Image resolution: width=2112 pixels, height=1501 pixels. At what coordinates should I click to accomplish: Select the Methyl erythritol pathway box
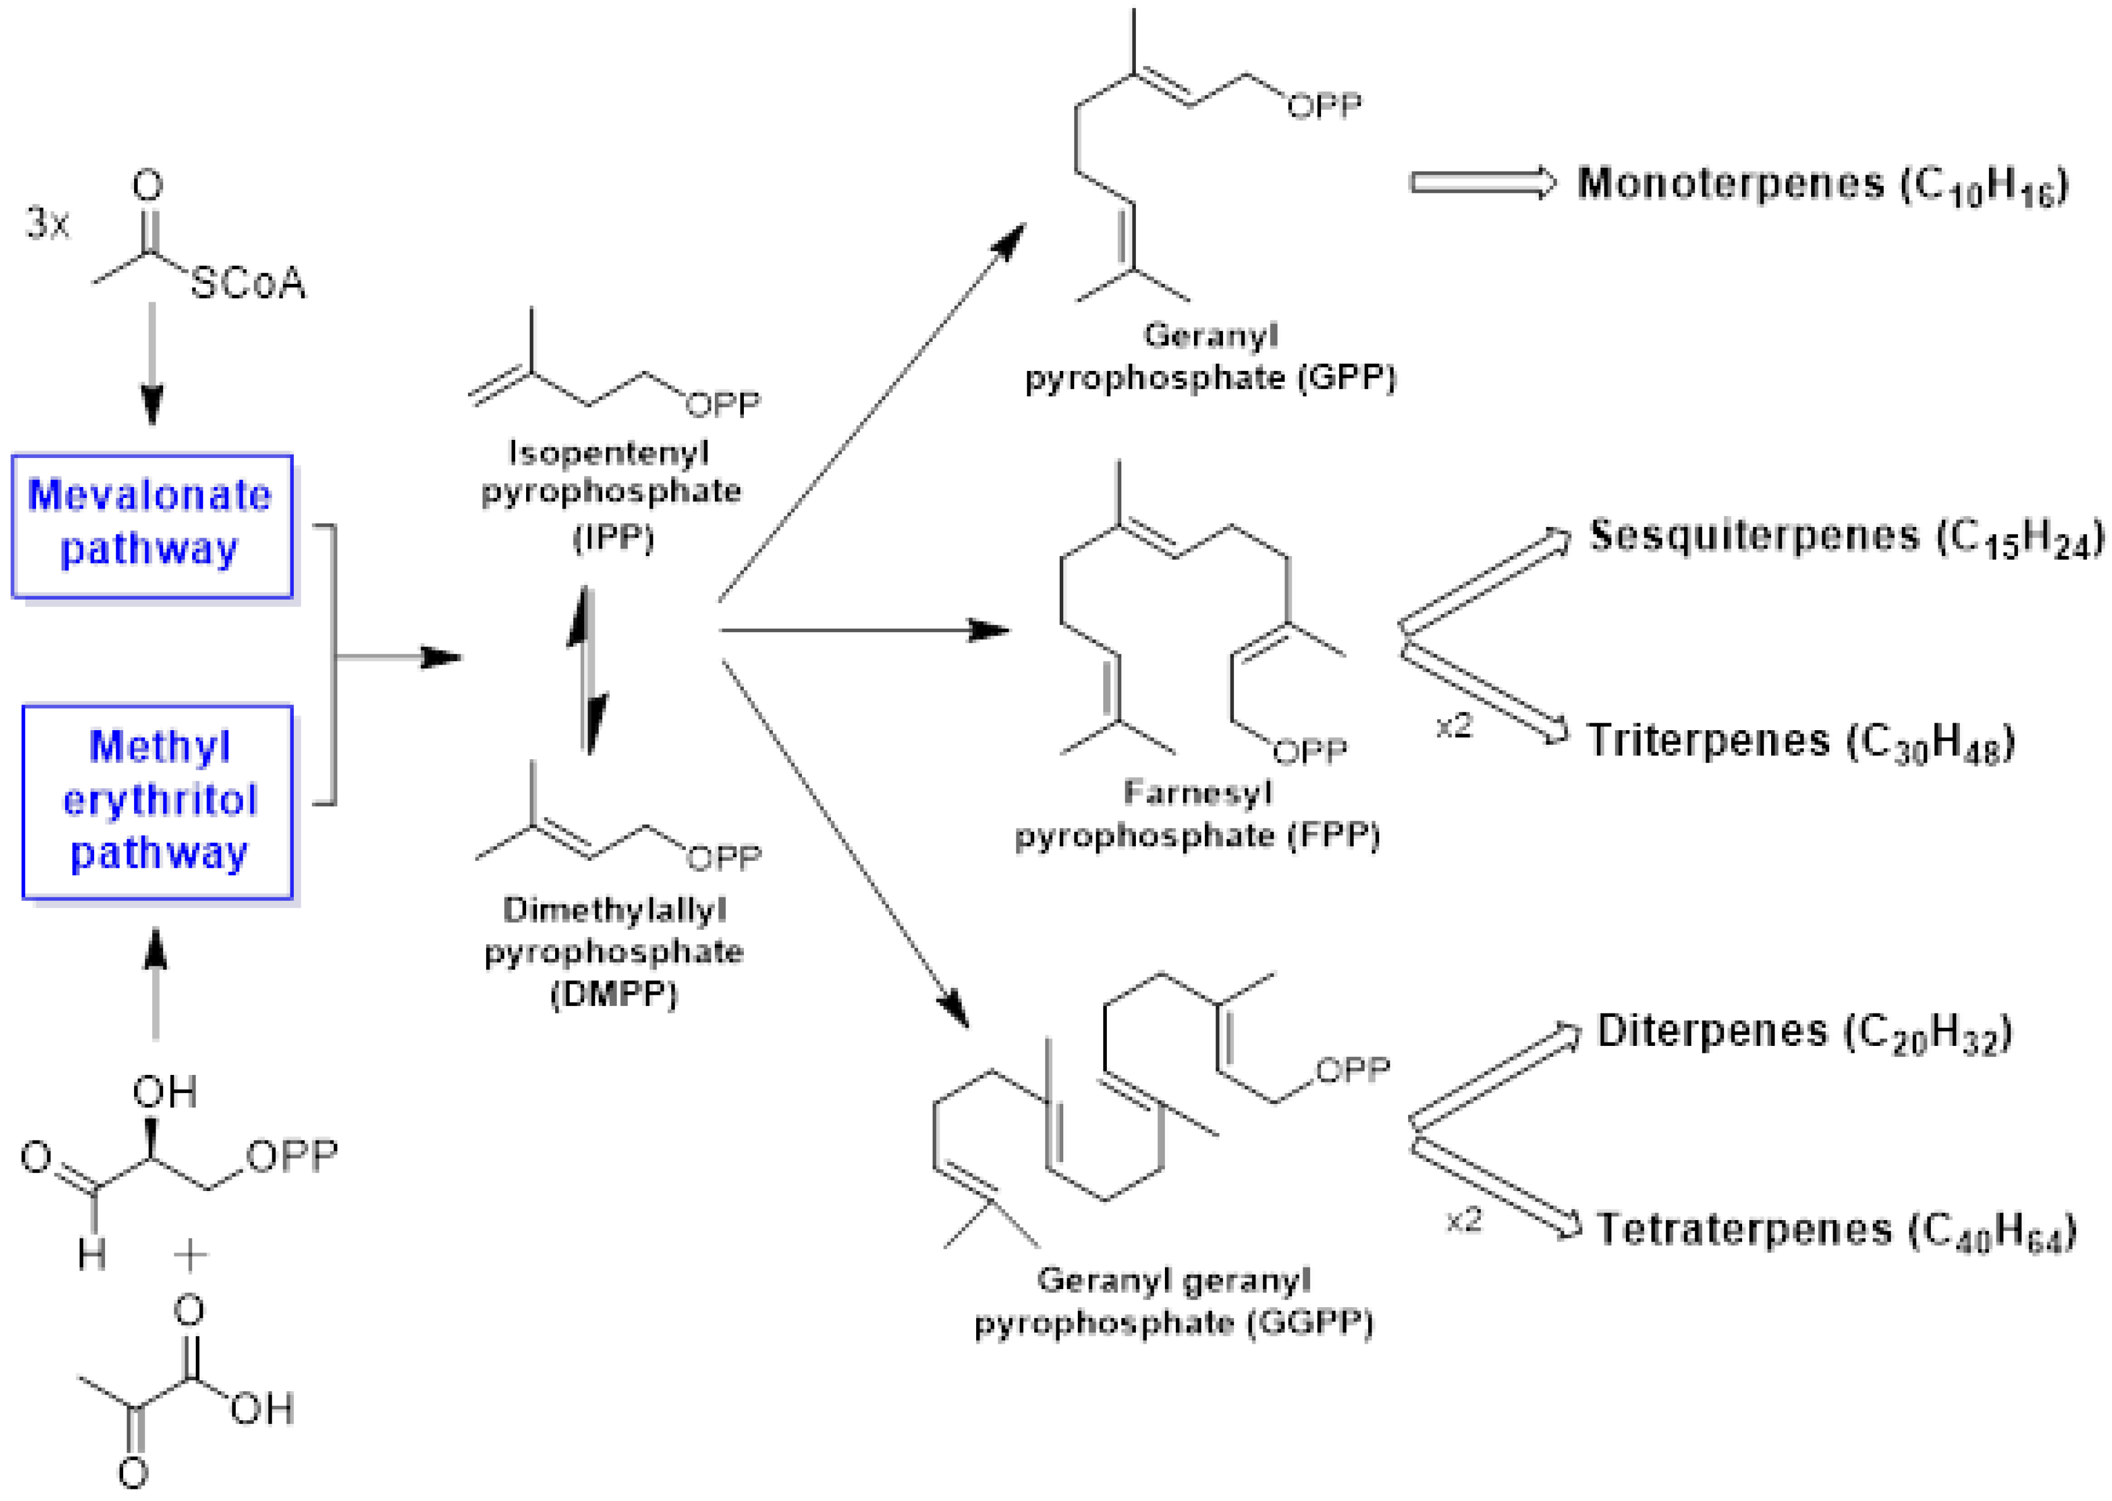(x=157, y=802)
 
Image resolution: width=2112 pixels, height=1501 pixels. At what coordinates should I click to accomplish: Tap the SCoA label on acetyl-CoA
(x=248, y=283)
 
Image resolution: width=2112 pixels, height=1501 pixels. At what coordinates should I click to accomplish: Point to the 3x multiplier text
(x=47, y=223)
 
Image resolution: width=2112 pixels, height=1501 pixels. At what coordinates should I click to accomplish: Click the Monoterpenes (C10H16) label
(x=1822, y=185)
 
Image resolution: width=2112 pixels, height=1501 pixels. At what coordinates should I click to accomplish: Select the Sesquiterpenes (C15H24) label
(x=1845, y=538)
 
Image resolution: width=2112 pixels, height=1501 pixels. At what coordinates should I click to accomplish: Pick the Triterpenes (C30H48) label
(x=1800, y=742)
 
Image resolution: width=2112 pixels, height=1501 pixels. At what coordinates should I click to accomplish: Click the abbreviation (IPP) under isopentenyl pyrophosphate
(x=613, y=537)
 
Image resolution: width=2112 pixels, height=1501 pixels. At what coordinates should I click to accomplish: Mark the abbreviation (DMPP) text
(x=614, y=994)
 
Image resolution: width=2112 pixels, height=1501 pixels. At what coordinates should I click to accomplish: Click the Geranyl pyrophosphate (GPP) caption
(x=1210, y=358)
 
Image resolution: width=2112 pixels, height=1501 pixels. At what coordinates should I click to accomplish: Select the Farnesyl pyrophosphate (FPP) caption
(x=1197, y=815)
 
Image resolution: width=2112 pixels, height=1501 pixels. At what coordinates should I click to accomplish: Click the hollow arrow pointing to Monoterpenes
(x=1483, y=182)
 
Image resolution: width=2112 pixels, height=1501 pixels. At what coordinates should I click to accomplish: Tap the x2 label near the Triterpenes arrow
(x=1453, y=727)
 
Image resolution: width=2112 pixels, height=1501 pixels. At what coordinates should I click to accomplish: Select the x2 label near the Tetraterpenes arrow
(x=1464, y=1221)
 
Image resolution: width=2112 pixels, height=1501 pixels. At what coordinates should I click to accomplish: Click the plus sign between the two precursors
(x=190, y=1255)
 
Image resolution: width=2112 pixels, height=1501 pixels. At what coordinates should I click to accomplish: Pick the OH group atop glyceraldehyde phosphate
(x=164, y=1092)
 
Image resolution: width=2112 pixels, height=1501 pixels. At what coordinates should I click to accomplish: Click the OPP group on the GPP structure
(x=1324, y=106)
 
